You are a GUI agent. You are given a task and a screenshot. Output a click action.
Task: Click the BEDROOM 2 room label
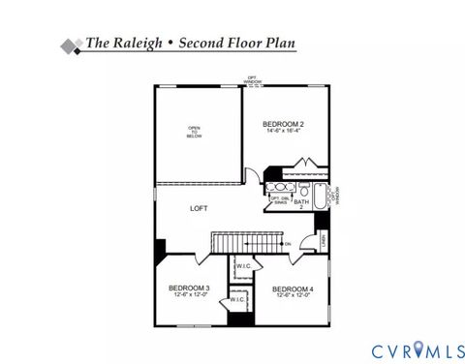tap(284, 124)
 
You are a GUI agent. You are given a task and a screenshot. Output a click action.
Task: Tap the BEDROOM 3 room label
tap(189, 288)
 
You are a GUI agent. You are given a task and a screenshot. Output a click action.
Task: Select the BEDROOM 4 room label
tap(293, 289)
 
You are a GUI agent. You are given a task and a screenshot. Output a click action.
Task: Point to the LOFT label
tap(199, 208)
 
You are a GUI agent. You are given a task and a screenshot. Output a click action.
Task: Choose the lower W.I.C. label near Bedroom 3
tap(237, 300)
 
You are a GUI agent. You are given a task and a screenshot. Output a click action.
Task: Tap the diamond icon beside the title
tap(70, 45)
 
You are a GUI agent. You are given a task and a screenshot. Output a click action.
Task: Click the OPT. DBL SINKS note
tap(276, 198)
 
